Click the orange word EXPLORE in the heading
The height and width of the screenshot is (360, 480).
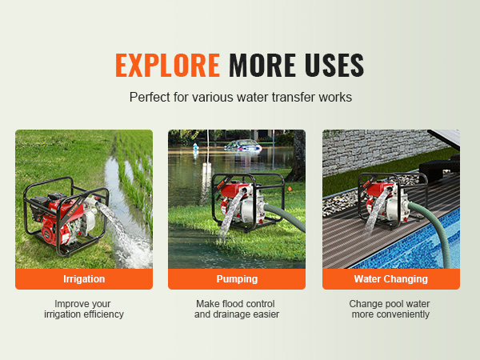tap(167, 65)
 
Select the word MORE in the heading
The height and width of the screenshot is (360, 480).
tap(262, 65)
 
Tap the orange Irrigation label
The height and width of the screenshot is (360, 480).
tap(84, 279)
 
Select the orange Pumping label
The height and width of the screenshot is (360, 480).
tap(237, 279)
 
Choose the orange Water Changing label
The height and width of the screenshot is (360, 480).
tap(391, 279)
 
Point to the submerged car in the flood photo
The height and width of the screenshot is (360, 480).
tap(244, 146)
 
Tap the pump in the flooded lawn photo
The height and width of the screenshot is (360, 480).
tap(247, 202)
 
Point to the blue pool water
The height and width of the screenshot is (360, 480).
tap(419, 245)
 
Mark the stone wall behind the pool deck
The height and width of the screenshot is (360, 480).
tap(379, 150)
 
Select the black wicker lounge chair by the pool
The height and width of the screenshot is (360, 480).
tap(439, 168)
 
